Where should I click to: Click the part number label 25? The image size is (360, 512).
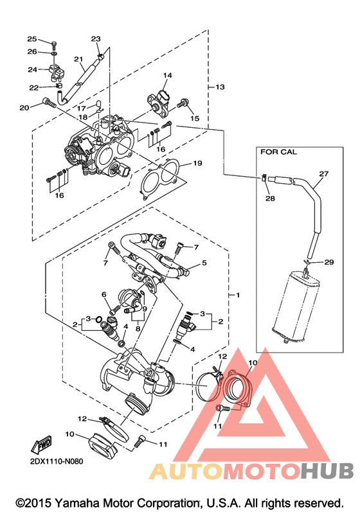(x=32, y=39)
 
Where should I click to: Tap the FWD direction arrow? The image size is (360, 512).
(x=42, y=444)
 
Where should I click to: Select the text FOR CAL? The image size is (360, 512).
(x=278, y=152)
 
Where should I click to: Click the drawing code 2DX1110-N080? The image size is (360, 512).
(x=57, y=461)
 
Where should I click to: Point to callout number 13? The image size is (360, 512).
(x=221, y=87)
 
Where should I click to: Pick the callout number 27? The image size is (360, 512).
(x=324, y=173)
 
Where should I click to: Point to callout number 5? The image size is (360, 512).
(x=204, y=263)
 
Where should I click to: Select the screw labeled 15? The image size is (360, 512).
(x=182, y=104)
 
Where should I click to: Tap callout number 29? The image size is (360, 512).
(x=329, y=262)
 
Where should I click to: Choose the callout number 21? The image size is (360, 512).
(x=78, y=59)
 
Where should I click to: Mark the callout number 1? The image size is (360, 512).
(x=238, y=295)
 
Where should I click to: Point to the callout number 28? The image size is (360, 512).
(x=270, y=199)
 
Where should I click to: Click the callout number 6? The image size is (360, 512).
(x=104, y=294)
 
